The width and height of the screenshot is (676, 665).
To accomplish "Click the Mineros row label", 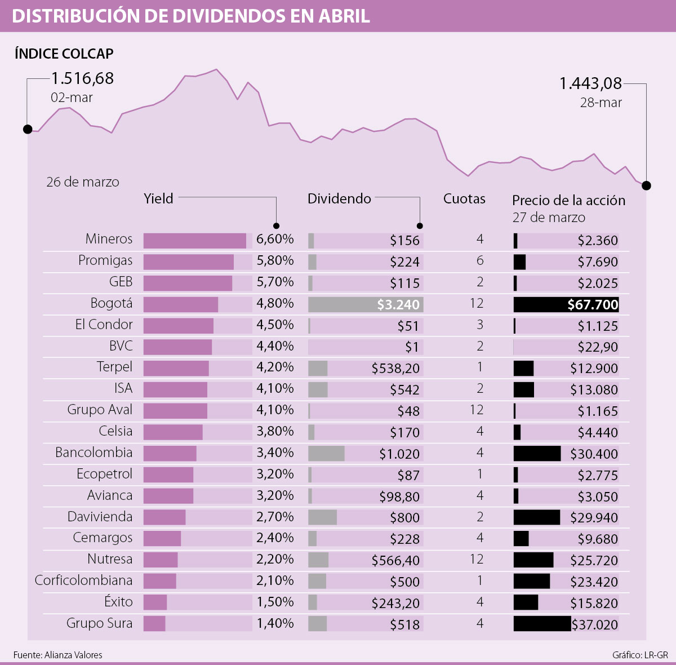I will point(109,239).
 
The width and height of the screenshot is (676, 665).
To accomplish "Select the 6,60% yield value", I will point(275,240).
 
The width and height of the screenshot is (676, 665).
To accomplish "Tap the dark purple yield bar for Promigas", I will point(188,261).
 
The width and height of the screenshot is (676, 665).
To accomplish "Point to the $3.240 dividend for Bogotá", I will point(398,305).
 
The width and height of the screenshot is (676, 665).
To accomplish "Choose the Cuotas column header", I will point(464,199).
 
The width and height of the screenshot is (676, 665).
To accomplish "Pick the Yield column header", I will point(158,199).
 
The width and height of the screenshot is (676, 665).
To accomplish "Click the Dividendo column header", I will point(339,199).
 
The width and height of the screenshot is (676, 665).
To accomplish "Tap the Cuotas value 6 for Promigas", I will point(480,261).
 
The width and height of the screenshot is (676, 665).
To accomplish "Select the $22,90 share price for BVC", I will point(598,347).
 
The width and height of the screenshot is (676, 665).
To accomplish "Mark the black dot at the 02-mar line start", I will point(28,130).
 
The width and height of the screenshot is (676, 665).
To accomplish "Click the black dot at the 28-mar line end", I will point(646,185).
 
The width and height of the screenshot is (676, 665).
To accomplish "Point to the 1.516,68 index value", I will point(83,78).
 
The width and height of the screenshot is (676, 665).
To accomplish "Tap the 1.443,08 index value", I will point(590,84).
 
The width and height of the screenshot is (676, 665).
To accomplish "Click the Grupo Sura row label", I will point(99,623).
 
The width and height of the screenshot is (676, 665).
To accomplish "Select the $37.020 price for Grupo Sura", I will point(595,624).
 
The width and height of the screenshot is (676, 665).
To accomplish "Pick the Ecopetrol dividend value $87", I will point(408,476).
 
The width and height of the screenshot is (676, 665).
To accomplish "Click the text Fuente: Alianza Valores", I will point(58,655).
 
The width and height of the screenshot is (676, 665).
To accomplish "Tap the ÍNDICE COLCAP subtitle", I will point(64,54).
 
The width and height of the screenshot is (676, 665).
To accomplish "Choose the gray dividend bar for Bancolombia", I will point(326,454).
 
